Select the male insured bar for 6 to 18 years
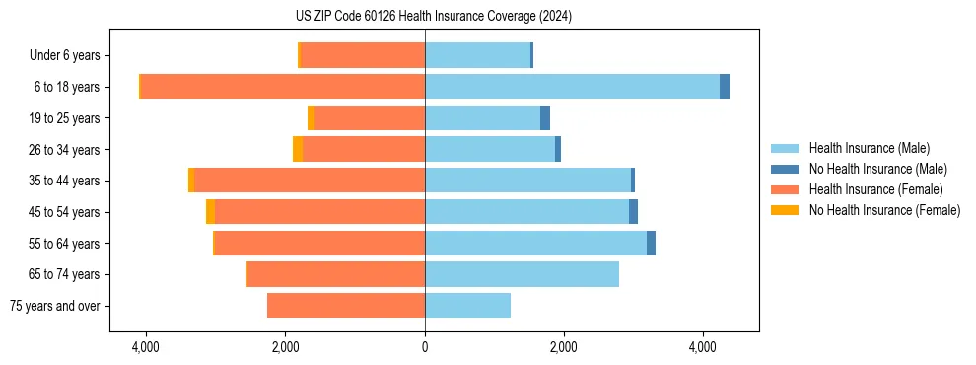tap(572, 87)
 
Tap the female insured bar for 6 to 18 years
tap(283, 87)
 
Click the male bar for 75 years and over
tap(467, 306)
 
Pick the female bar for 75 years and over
tap(346, 306)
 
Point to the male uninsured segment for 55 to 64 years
tap(651, 244)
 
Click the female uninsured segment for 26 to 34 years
tap(298, 149)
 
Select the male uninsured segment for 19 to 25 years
tap(545, 118)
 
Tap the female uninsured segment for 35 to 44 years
tap(191, 181)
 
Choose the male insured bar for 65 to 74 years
tap(522, 274)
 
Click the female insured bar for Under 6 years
tap(363, 55)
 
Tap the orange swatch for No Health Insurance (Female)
tap(785, 210)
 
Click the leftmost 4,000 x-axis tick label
tap(146, 347)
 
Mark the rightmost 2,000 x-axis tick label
tap(564, 347)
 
